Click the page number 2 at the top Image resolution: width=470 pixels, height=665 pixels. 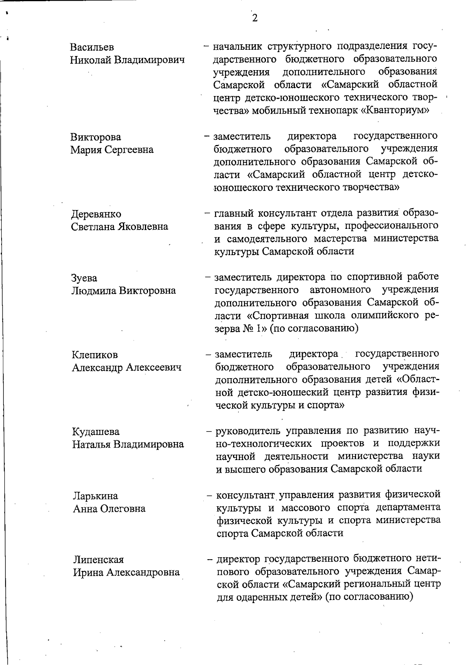pos(255,18)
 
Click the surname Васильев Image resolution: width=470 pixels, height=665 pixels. pos(92,47)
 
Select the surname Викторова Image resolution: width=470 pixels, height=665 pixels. pos(96,137)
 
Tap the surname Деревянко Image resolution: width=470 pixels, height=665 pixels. pos(96,214)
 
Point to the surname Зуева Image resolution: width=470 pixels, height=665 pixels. pos(84,278)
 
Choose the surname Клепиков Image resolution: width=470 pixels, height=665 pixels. pos(94,355)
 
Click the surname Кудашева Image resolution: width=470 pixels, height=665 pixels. pos(96,432)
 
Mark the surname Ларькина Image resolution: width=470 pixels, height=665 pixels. pos(95,496)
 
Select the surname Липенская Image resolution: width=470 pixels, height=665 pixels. pos(98,560)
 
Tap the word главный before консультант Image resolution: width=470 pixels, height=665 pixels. pos(234,214)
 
